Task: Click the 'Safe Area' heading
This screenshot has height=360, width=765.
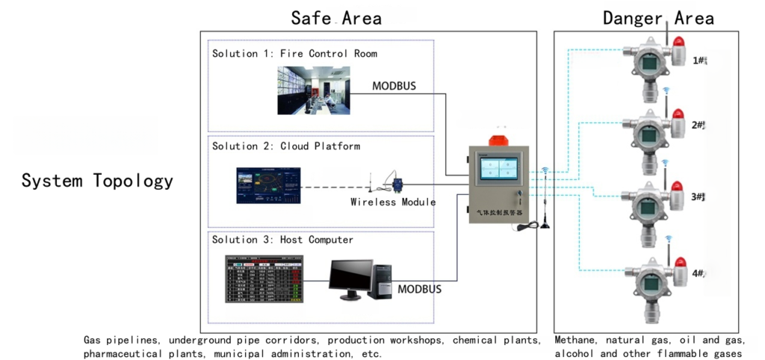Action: click(x=336, y=18)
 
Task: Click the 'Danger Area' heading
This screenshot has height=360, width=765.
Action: click(x=658, y=18)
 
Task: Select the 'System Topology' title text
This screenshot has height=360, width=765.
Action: click(x=97, y=181)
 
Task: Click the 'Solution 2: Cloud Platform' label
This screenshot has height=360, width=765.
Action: click(x=286, y=146)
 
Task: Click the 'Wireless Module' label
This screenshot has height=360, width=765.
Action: click(x=393, y=202)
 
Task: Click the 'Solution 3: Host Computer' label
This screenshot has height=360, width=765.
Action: click(x=282, y=240)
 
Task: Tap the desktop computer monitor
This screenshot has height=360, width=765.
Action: click(x=350, y=278)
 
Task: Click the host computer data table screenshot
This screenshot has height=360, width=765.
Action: click(x=265, y=279)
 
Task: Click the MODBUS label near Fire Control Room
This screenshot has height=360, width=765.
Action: click(x=394, y=86)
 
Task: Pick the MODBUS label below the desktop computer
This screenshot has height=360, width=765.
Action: click(x=418, y=289)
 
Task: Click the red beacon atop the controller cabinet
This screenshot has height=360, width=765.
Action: click(x=498, y=139)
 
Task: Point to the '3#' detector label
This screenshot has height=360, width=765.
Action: click(x=698, y=197)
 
